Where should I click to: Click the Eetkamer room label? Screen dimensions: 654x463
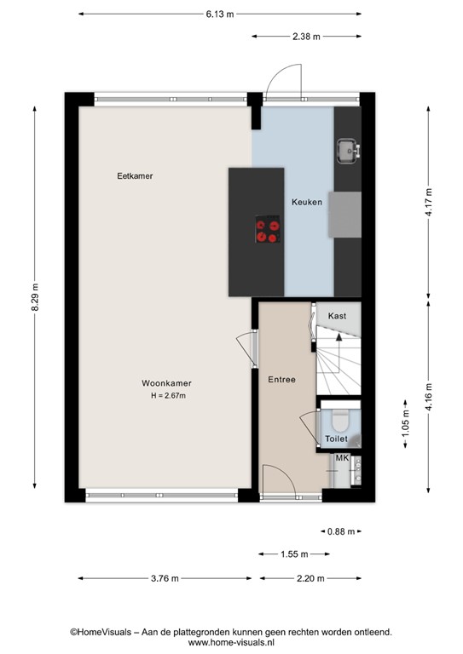(140, 176)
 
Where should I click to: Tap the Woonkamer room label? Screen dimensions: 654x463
(165, 384)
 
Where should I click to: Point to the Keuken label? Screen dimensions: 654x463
(306, 203)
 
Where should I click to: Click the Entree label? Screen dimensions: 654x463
(281, 379)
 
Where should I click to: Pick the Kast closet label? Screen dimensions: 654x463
(337, 316)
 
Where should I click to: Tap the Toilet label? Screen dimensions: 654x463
(336, 439)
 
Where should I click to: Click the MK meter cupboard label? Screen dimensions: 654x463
(342, 459)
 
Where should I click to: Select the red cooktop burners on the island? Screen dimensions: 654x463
(268, 231)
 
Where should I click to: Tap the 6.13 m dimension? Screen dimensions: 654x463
(219, 14)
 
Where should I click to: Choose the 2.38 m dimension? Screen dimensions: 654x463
(306, 36)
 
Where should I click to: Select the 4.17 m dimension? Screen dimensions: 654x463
(429, 202)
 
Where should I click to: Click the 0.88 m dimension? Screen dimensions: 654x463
(340, 532)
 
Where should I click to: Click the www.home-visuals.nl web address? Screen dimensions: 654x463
(230, 644)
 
